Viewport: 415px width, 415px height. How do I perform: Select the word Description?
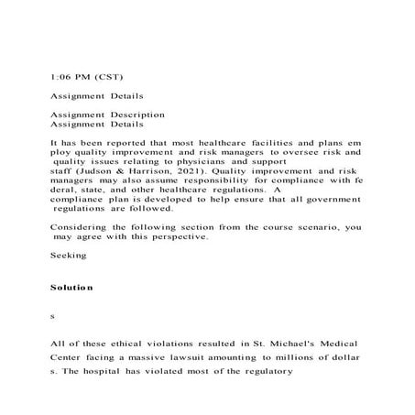[x=134, y=115]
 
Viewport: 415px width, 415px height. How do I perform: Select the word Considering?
[x=82, y=226]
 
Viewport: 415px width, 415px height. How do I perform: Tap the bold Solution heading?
[x=71, y=288]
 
